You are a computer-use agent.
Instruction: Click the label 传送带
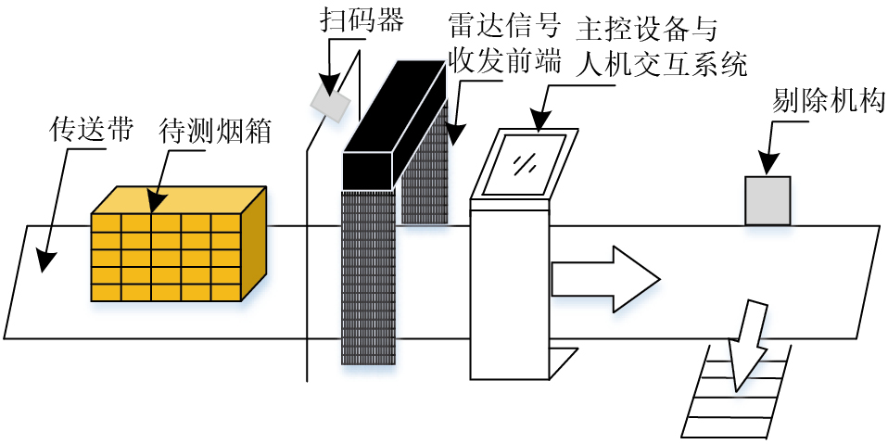(90, 131)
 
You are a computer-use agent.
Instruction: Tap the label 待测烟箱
(215, 131)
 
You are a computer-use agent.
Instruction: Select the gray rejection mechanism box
(768, 200)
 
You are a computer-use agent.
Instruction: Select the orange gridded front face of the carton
(166, 258)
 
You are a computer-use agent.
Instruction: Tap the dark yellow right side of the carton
(254, 243)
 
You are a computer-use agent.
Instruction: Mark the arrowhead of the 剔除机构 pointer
(768, 168)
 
